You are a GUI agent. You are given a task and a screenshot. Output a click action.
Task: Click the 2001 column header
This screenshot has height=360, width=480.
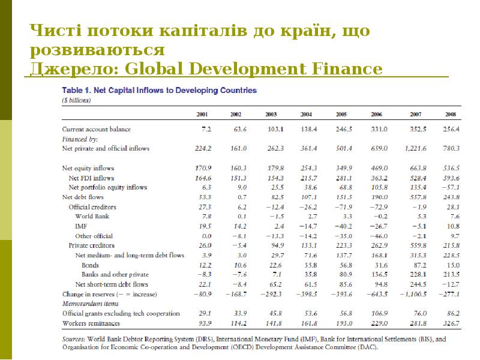pyautogui.click(x=203, y=114)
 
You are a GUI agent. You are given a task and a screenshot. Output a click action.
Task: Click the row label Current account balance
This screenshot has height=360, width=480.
pyautogui.click(x=96, y=129)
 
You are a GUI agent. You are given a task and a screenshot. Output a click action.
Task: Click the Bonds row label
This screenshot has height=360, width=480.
pyautogui.click(x=91, y=265)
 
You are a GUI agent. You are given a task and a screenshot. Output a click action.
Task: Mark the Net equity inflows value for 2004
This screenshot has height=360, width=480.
pyautogui.click(x=308, y=168)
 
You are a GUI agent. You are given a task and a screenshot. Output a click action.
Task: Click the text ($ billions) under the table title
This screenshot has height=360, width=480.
pyautogui.click(x=77, y=100)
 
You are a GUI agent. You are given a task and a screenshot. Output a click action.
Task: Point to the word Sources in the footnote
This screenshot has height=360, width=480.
pyautogui.click(x=74, y=339)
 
